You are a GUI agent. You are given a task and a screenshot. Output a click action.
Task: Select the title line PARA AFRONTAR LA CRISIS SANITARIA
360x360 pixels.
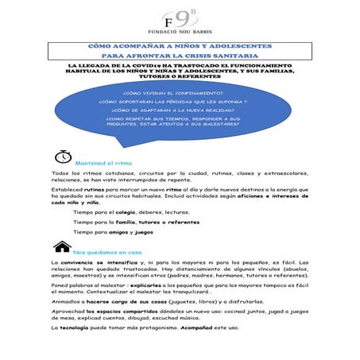coord(180,57)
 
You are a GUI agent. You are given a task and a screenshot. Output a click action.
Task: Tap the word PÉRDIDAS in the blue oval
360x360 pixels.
coord(184,102)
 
